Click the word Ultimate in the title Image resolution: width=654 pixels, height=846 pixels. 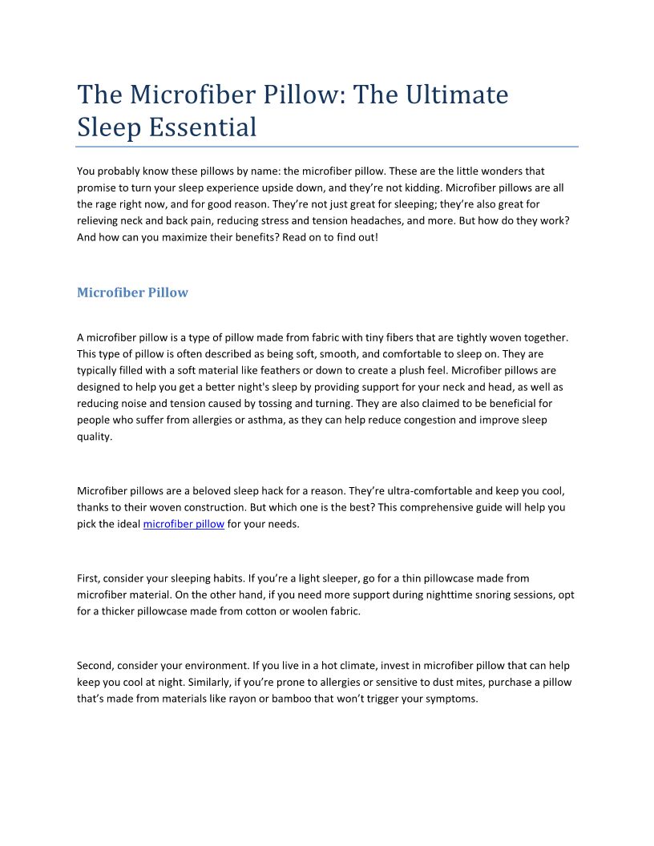point(454,95)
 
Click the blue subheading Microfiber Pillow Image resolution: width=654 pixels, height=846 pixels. point(132,292)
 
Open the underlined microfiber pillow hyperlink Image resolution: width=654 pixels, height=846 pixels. point(184,524)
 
